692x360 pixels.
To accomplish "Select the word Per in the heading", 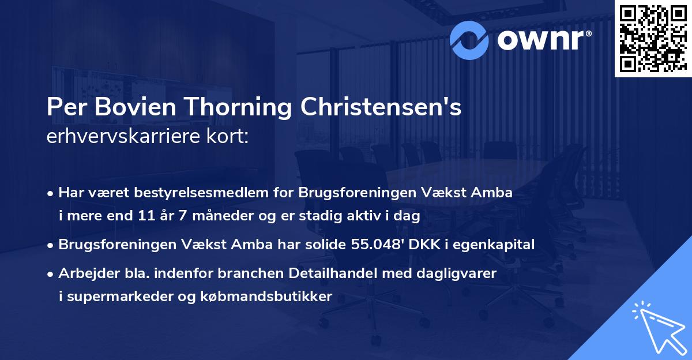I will tap(64, 108).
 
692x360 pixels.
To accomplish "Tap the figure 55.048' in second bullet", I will tap(375, 244).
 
